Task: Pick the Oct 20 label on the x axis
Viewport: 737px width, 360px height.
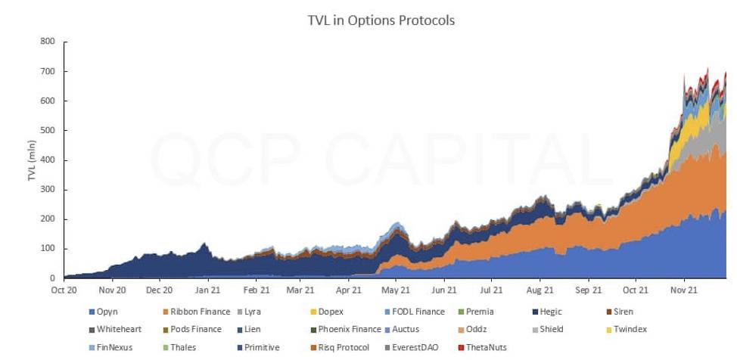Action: coord(64,290)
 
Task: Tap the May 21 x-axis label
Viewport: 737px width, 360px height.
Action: coord(395,290)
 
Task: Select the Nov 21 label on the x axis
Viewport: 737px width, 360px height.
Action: coord(683,290)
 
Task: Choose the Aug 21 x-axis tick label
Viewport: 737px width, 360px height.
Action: coord(540,290)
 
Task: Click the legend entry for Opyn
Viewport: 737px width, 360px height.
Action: coord(107,312)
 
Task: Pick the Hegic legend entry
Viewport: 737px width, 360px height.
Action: coord(551,312)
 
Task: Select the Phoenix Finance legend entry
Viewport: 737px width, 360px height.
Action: coord(349,330)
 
